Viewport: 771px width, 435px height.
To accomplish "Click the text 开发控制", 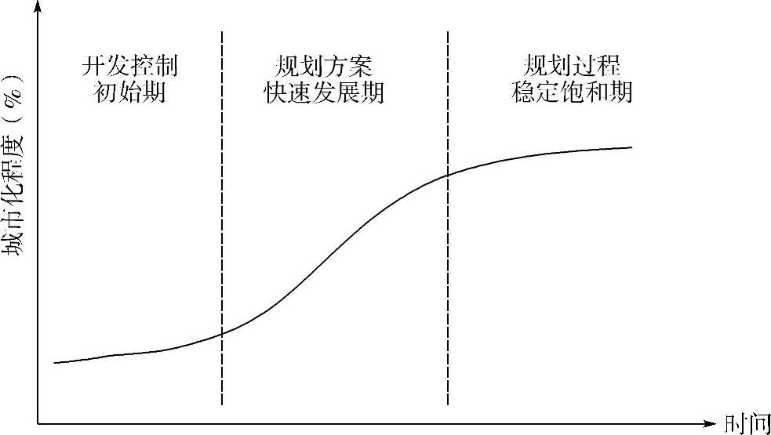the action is (129, 64).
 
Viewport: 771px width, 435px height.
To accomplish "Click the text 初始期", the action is (129, 92).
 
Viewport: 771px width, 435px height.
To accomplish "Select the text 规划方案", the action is (324, 64).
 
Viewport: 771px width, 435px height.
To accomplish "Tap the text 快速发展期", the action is (324, 92).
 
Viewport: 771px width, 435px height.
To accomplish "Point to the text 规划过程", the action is (572, 64).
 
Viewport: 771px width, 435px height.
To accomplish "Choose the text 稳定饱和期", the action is (572, 92).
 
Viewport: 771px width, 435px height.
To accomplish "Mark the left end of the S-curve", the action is (54, 363).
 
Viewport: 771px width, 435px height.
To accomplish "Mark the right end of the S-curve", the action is (631, 147).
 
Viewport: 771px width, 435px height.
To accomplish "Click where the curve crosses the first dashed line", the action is (222, 333).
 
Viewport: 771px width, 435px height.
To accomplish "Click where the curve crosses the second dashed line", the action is (448, 175).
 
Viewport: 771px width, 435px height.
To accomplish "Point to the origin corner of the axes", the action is (38, 423).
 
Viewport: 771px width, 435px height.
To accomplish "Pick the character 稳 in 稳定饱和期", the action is (523, 92).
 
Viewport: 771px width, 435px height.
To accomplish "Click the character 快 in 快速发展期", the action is (275, 92).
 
